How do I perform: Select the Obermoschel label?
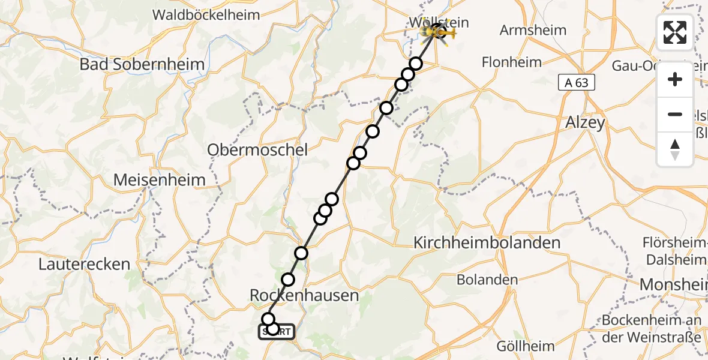pyautogui.click(x=257, y=149)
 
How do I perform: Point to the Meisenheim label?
pyautogui.click(x=159, y=179)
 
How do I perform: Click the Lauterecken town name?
pyautogui.click(x=84, y=264)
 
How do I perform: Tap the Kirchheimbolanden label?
pyautogui.click(x=487, y=243)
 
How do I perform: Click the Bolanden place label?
pyautogui.click(x=487, y=280)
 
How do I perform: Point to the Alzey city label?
pyautogui.click(x=585, y=122)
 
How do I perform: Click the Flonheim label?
pyautogui.click(x=512, y=62)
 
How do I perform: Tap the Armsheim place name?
pyautogui.click(x=530, y=30)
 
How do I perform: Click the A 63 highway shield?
pyautogui.click(x=577, y=83)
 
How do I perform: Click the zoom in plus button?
pyautogui.click(x=675, y=79)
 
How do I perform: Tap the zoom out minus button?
pyautogui.click(x=675, y=114)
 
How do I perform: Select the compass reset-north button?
pyautogui.click(x=675, y=149)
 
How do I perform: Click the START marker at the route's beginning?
pyautogui.click(x=277, y=332)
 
